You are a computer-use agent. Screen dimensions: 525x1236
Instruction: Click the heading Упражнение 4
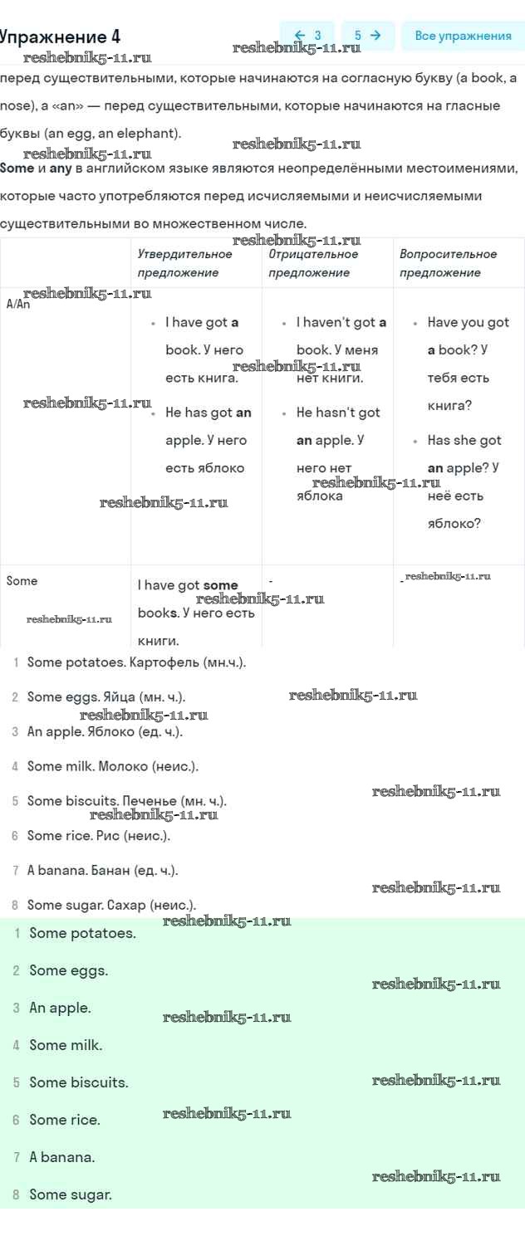point(60,37)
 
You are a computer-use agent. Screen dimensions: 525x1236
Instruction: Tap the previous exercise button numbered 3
point(307,36)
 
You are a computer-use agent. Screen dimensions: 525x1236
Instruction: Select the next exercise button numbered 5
point(368,36)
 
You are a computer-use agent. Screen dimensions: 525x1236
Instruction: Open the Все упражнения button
point(464,36)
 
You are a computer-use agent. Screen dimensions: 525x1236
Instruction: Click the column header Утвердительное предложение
point(185,263)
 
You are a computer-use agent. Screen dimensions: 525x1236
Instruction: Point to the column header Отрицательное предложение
point(313,263)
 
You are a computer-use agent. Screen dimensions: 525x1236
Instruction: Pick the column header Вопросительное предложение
point(449,263)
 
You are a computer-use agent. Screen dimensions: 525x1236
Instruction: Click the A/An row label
point(17,304)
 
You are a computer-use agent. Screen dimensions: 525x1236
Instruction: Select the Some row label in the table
point(22,580)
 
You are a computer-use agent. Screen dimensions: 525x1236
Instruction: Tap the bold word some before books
point(220,585)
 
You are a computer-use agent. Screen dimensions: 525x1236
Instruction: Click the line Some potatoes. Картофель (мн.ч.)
point(136,662)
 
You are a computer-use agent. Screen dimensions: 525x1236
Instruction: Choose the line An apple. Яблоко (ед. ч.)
point(105,731)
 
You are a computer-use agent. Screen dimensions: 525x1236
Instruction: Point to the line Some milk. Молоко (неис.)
point(113,766)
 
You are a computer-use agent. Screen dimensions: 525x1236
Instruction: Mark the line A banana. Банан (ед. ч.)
point(103,870)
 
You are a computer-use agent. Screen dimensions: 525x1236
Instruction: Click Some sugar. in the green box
point(71,1194)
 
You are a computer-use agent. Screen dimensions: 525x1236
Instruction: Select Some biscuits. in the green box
point(79,1082)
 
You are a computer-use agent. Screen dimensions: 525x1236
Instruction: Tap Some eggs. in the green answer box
point(68,970)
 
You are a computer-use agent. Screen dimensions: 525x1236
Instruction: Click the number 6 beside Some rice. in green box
point(16,1120)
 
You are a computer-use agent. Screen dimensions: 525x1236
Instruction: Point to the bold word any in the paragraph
point(61,169)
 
